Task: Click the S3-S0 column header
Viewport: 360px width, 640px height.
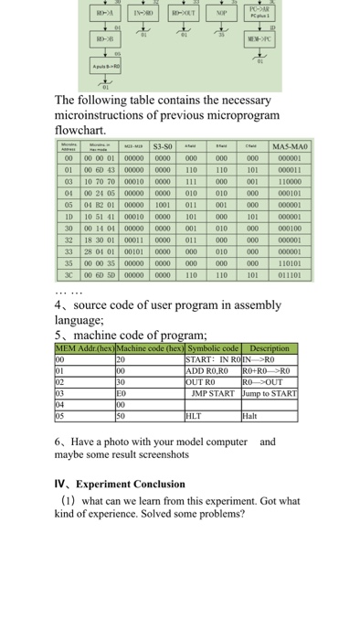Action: [153, 146]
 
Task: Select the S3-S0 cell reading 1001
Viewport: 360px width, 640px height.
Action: [153, 206]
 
